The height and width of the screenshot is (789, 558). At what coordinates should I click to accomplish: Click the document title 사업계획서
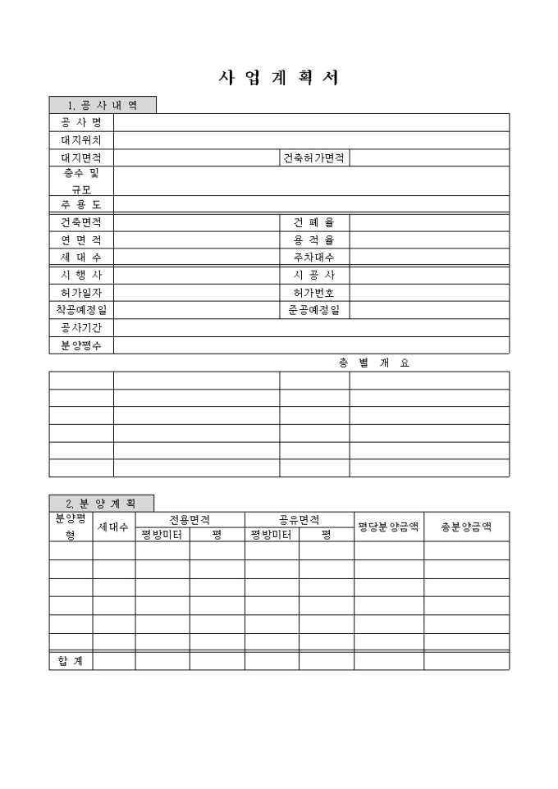(278, 78)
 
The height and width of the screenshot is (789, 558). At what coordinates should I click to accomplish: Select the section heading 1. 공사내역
(103, 105)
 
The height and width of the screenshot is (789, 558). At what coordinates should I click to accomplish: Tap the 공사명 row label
(80, 123)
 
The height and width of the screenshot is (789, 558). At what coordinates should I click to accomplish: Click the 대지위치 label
(80, 140)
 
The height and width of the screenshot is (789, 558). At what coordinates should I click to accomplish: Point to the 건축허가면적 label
(314, 157)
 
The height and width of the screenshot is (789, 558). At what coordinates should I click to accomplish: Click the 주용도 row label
(80, 204)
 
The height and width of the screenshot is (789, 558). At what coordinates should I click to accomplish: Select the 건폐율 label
(314, 222)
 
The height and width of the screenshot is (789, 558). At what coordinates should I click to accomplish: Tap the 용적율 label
(314, 240)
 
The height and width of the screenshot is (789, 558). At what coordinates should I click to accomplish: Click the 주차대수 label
(314, 258)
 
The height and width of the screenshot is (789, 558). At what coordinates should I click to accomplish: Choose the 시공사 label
(314, 275)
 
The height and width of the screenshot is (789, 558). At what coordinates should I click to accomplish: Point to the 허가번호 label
(314, 292)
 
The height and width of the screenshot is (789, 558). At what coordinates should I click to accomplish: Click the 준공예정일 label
(314, 310)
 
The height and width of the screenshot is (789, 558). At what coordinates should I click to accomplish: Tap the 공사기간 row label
(80, 327)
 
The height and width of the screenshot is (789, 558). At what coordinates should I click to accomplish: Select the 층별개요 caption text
(373, 363)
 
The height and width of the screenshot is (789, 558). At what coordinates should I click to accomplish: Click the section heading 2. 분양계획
(102, 503)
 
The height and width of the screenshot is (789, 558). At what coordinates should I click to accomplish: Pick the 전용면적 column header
(190, 519)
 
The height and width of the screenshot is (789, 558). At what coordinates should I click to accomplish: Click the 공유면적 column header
(299, 519)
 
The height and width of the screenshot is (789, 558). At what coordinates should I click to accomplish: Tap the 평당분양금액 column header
(389, 527)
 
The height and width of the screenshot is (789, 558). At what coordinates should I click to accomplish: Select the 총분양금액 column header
(466, 527)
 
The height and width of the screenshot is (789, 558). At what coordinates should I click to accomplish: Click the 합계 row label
(71, 660)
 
